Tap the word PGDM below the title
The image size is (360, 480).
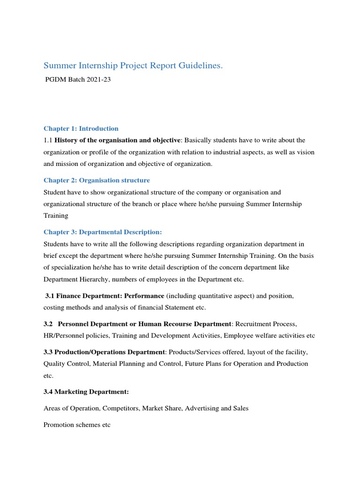tap(55, 80)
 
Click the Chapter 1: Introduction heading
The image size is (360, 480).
tap(81, 128)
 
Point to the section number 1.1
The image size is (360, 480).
tap(48, 140)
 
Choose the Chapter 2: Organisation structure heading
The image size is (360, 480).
tap(97, 180)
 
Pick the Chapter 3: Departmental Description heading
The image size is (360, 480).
tap(103, 232)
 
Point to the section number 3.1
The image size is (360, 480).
tap(50, 296)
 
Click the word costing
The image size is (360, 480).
tap(55, 307)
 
